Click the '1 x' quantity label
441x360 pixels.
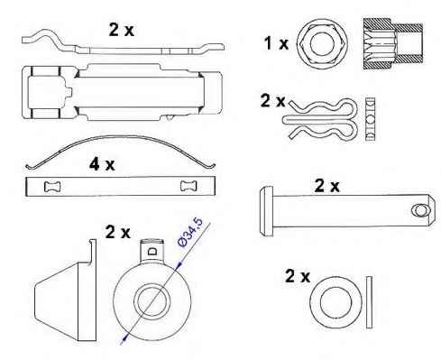click(x=276, y=43)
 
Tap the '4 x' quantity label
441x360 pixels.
click(x=102, y=164)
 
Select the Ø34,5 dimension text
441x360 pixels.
click(x=190, y=233)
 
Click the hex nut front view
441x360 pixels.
click(x=322, y=44)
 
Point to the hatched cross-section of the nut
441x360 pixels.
click(x=393, y=44)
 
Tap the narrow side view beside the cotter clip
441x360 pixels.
click(x=371, y=119)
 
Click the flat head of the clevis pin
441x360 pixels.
click(x=266, y=211)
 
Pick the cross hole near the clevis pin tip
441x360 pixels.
click(x=419, y=210)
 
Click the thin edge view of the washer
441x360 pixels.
click(x=369, y=302)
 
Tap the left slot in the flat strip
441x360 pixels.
click(x=52, y=187)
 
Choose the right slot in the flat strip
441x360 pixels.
click(x=188, y=186)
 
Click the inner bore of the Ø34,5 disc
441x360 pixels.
click(x=152, y=301)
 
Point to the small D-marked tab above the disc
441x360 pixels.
click(x=152, y=251)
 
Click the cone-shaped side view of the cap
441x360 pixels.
click(x=66, y=291)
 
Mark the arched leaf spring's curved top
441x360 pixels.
click(x=120, y=138)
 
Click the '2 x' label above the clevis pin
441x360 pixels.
click(x=326, y=186)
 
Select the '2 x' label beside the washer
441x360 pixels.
click(x=298, y=276)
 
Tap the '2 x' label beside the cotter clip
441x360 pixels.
click(x=272, y=100)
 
